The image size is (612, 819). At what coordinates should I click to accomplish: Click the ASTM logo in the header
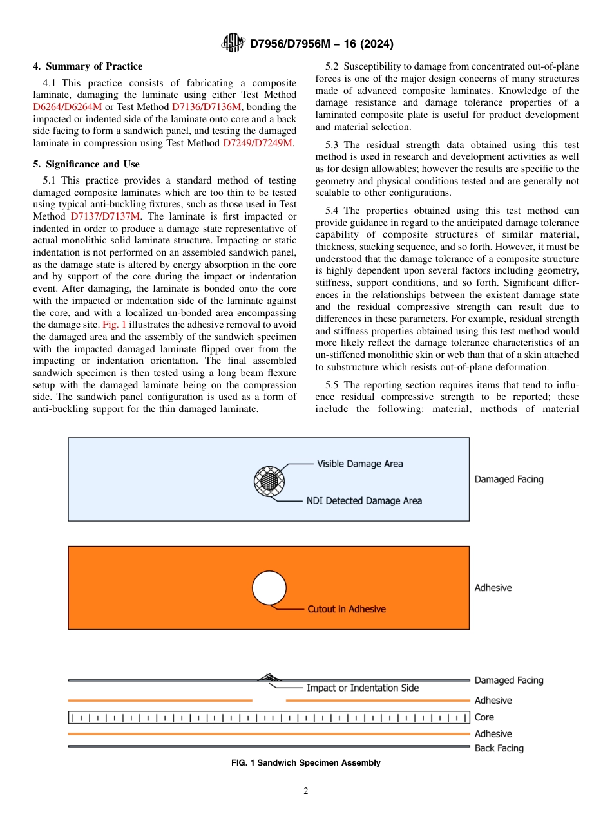coord(233,43)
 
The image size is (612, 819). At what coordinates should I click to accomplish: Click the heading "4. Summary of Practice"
coord(88,66)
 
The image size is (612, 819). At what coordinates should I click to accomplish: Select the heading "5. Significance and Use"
coord(86,164)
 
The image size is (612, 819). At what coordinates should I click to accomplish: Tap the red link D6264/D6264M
coord(67,107)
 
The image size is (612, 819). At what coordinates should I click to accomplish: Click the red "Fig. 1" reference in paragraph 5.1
coord(114,325)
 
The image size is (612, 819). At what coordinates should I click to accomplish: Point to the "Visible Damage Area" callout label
coord(359,464)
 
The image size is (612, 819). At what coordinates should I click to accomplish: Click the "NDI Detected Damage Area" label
coord(364,500)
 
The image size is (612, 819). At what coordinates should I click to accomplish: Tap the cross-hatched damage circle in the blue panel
coord(269,480)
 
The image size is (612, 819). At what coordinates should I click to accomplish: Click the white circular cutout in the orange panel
coord(269,588)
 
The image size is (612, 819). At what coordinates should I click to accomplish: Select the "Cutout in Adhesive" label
coord(346,608)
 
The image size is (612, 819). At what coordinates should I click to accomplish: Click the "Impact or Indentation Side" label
coord(362,688)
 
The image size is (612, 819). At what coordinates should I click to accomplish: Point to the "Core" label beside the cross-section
coord(484,717)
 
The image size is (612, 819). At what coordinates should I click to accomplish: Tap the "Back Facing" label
coord(499,748)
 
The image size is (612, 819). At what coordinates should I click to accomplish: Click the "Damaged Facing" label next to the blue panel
coord(508,479)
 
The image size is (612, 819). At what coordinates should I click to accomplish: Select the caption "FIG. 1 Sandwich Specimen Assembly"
coord(305,763)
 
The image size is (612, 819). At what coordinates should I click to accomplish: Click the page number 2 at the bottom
coord(305,791)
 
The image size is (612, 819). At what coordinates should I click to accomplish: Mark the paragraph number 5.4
coord(333,211)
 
